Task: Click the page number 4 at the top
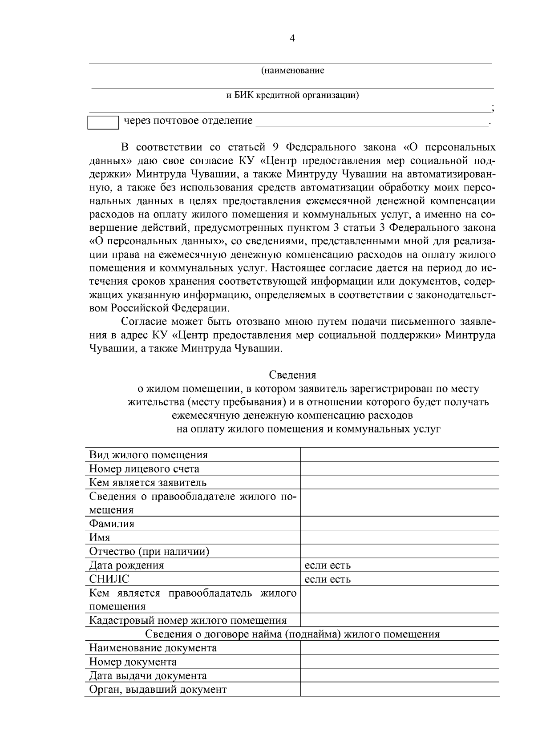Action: tap(292, 38)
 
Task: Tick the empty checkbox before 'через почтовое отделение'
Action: tap(103, 122)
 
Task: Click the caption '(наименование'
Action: tap(292, 70)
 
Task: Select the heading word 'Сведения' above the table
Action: tap(292, 375)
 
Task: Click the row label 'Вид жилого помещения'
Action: tap(149, 455)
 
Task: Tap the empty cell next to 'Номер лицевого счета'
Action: tap(399, 468)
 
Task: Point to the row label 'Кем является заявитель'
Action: tap(148, 482)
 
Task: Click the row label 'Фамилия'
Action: tap(112, 523)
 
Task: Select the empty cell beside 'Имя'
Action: tap(399, 537)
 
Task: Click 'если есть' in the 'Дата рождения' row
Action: tap(328, 565)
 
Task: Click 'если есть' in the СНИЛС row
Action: tap(328, 579)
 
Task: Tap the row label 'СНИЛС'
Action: tap(109, 579)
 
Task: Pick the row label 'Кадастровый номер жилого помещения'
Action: tap(188, 620)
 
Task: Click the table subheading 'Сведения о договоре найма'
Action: tap(292, 634)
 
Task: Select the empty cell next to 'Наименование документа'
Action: tap(399, 648)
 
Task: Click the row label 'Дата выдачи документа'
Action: tap(148, 675)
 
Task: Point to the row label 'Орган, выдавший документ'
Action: tap(158, 689)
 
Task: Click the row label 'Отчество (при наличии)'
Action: tap(149, 551)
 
